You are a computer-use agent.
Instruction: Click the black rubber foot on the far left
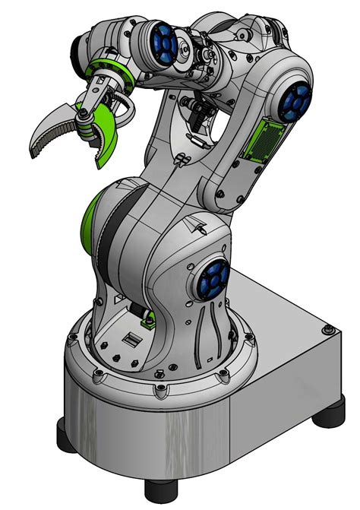(66, 436)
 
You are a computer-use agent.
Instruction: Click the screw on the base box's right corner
(327, 330)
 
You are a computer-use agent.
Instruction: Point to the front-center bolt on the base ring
(161, 391)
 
